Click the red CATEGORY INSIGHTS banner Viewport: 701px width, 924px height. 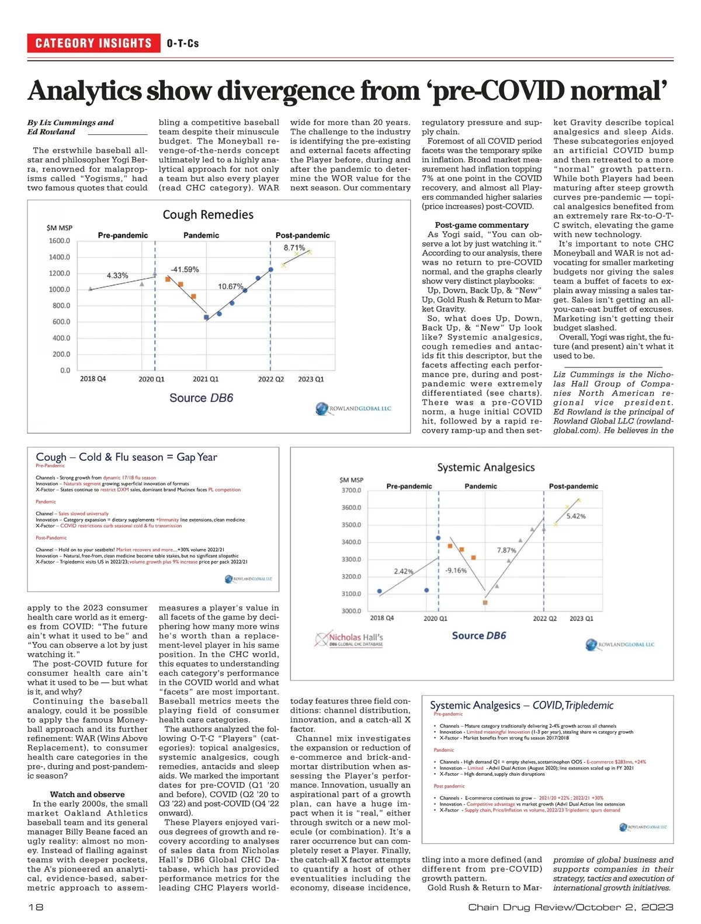click(x=93, y=43)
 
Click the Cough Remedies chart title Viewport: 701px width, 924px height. click(x=208, y=215)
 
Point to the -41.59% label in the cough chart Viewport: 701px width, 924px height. click(x=185, y=269)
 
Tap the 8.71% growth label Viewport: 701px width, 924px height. click(x=294, y=248)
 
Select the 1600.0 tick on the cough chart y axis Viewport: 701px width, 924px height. click(x=60, y=241)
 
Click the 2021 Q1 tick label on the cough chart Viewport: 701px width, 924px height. click(x=206, y=379)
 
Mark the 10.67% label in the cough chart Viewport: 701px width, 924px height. click(x=231, y=286)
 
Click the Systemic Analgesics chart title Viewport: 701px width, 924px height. click(x=486, y=467)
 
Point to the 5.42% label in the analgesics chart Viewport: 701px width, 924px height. click(x=576, y=516)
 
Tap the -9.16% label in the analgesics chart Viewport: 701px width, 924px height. click(x=456, y=570)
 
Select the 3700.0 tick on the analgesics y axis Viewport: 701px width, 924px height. click(x=350, y=490)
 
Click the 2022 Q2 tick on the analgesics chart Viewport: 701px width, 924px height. click(x=544, y=618)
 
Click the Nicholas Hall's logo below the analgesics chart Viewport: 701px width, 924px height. click(x=349, y=640)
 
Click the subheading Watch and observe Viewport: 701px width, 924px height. click(x=87, y=794)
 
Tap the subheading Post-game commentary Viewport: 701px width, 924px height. click(x=481, y=225)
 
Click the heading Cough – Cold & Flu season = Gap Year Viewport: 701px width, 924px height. click(x=126, y=457)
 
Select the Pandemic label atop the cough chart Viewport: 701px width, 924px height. click(x=201, y=235)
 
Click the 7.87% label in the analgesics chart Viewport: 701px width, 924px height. click(x=506, y=550)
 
